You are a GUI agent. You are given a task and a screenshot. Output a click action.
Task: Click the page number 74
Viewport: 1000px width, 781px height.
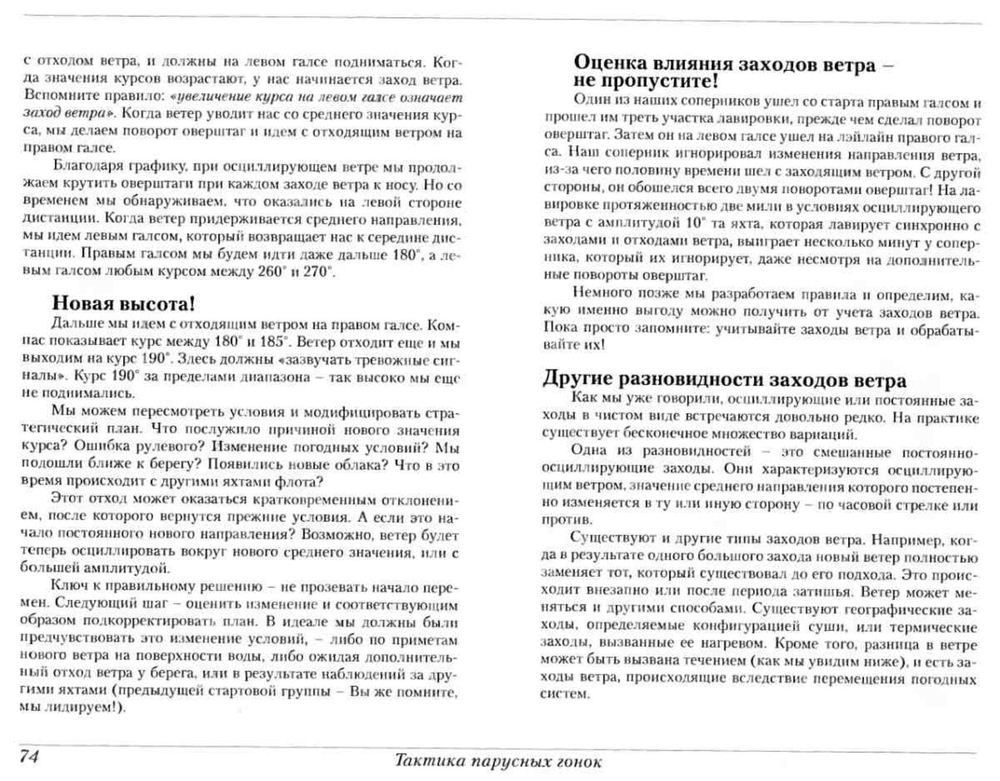29,756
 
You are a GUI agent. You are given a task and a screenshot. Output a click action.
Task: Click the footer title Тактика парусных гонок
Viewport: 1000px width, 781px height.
498,761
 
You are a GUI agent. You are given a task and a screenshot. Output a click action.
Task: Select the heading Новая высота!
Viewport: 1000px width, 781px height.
124,303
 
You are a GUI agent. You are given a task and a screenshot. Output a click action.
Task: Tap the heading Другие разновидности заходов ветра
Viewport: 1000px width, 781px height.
724,380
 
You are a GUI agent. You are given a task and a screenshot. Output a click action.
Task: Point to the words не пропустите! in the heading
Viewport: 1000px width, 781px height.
645,80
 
